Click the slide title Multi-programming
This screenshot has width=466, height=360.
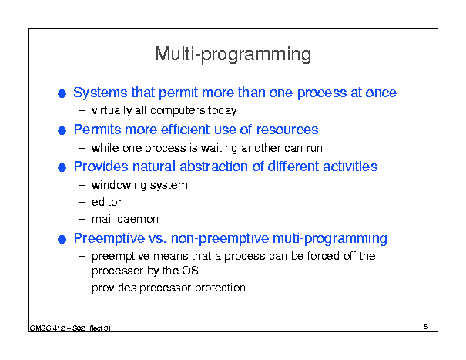pos(233,54)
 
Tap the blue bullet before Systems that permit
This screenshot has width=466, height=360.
pos(62,94)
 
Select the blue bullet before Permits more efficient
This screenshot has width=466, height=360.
pos(62,130)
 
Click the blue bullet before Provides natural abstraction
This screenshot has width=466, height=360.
pos(62,167)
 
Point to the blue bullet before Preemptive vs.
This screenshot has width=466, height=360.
pos(62,239)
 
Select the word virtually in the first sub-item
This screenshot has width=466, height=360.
pos(112,111)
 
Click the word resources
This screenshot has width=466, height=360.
pos(287,130)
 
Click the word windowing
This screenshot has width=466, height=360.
pos(119,185)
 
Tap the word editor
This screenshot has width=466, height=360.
pos(106,202)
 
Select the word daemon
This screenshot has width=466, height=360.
pos(138,219)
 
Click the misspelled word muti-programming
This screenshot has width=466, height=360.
pos(330,239)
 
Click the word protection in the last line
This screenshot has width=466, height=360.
pos(220,288)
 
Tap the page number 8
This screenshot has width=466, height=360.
pos(426,326)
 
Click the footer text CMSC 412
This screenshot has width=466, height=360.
pos(47,328)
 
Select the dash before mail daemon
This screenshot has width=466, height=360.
pos(82,220)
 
